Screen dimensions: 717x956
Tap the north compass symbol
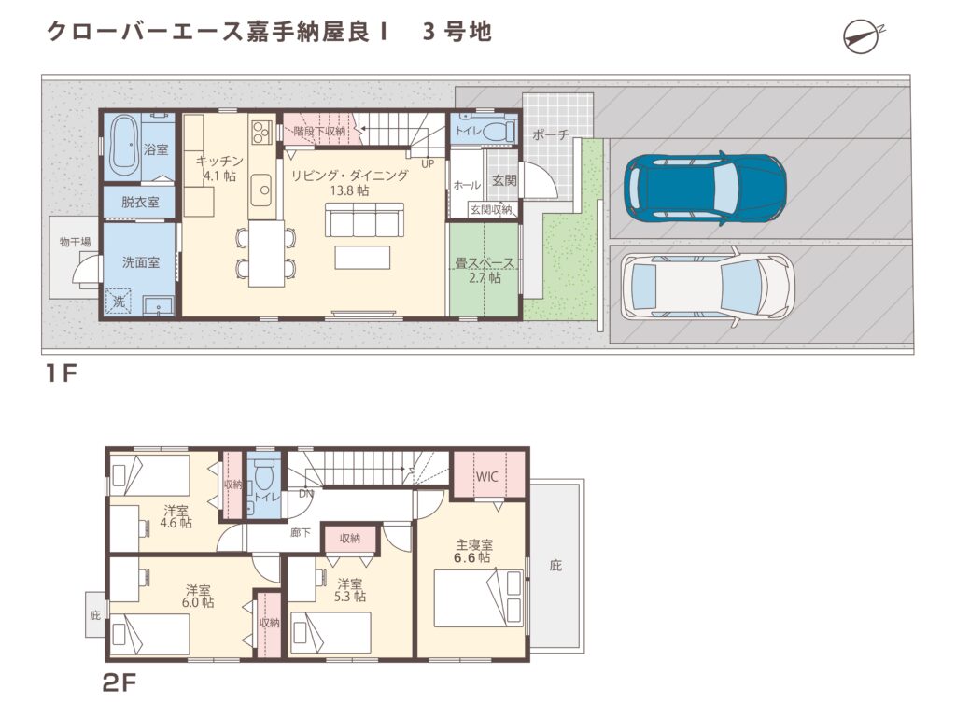860,35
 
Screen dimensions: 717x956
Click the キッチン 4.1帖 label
220,165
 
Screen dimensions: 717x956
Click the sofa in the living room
363,223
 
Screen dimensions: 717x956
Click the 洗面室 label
140,262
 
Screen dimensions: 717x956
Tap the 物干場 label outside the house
75,243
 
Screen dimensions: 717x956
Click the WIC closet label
487,476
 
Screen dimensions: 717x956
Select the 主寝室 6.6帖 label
473,551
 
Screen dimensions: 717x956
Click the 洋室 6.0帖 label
198,596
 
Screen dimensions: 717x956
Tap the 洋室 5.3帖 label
351,589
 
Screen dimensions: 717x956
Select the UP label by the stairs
428,164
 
